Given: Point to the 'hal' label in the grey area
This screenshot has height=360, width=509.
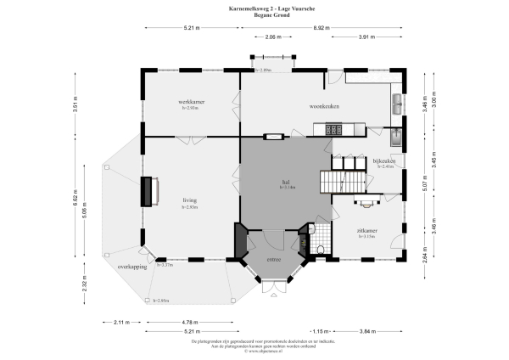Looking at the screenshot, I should coord(286,182).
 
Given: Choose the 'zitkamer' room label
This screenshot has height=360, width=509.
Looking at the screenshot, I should coord(367,230).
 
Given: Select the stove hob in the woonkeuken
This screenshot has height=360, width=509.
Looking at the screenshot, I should coord(333,129).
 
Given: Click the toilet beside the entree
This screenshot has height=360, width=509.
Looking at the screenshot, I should coord(321,248).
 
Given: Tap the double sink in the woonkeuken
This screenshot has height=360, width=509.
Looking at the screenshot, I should coord(397,104).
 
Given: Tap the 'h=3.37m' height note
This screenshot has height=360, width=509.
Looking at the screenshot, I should coord(165,265).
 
